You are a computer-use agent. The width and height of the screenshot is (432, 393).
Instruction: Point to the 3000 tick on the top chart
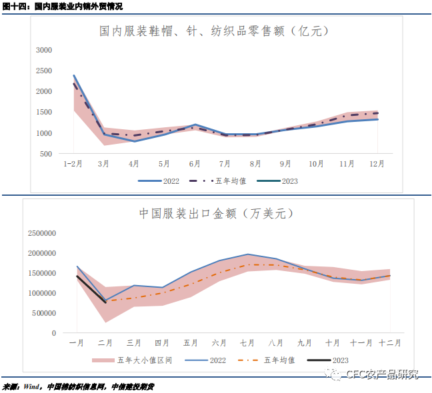(44, 50)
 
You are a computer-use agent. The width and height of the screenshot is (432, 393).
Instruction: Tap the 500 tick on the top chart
(47, 154)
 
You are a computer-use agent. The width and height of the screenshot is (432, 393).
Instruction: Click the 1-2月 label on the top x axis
(73, 164)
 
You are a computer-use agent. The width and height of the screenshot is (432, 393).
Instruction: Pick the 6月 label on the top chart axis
(195, 164)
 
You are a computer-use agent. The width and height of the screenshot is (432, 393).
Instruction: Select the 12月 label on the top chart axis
(377, 164)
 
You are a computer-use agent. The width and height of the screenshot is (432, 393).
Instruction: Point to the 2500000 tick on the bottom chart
(42, 233)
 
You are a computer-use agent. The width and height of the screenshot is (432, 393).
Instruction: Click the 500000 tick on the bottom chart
(44, 313)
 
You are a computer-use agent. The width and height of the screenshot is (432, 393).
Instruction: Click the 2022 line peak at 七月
(247, 254)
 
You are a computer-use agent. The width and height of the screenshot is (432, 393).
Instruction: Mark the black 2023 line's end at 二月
(105, 302)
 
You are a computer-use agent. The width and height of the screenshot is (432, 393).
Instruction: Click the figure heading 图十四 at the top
(13, 6)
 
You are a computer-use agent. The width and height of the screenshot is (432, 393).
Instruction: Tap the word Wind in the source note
(31, 386)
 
